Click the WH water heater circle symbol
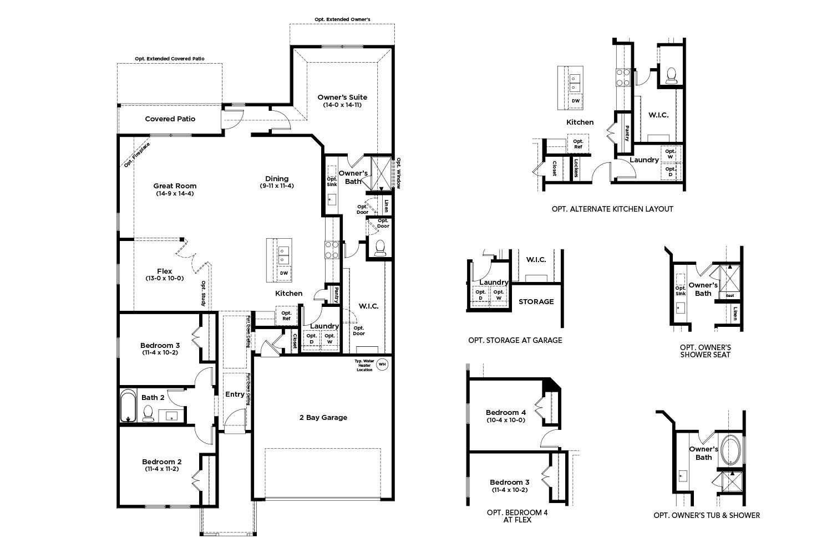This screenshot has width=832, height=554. [x=382, y=365]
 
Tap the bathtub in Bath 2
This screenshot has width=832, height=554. [x=128, y=406]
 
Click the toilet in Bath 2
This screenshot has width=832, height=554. [x=148, y=413]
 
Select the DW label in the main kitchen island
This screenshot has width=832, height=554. [x=284, y=273]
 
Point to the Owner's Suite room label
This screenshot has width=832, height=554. [x=342, y=97]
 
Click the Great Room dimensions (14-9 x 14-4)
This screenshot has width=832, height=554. [x=175, y=193]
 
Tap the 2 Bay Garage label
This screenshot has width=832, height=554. [x=323, y=418]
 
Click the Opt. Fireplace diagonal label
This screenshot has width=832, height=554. [x=136, y=155]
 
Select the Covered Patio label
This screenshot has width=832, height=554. [x=170, y=119]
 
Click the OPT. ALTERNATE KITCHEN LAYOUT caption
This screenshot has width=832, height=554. [x=612, y=209]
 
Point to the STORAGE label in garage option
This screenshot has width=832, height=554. [x=536, y=302]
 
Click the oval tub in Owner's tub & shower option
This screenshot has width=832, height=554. [x=730, y=450]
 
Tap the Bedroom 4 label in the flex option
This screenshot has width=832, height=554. [x=506, y=413]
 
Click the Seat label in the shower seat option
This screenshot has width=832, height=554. [x=730, y=296]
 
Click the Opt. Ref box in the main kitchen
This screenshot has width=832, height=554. [x=286, y=316]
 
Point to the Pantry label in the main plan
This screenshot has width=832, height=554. [x=336, y=295]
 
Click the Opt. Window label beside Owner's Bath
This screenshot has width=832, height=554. [x=399, y=173]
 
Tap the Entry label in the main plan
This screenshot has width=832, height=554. [x=235, y=394]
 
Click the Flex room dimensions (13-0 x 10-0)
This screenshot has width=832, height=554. [x=165, y=278]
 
